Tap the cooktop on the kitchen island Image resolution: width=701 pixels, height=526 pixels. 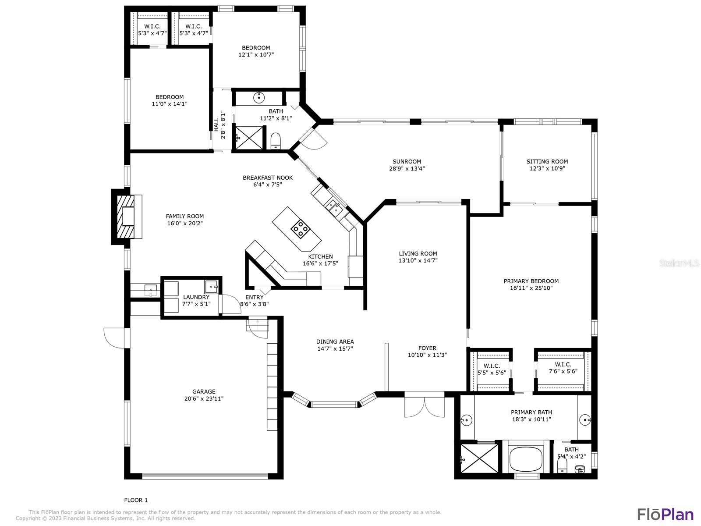[x=301, y=229]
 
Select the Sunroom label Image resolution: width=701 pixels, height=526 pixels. [x=407, y=162]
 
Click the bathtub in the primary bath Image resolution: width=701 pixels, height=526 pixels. [x=525, y=458]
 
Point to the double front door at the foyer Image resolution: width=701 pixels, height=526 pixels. [x=424, y=407]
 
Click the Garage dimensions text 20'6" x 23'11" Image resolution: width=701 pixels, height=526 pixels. [x=204, y=399]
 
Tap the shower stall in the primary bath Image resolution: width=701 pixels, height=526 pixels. [x=479, y=458]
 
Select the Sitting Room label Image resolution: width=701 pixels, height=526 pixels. [x=547, y=162]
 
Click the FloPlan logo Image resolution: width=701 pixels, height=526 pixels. [x=665, y=514]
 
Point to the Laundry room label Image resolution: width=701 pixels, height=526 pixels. [x=196, y=297]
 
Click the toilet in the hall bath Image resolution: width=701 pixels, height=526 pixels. [x=276, y=141]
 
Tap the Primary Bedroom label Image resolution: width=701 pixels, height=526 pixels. [x=531, y=281]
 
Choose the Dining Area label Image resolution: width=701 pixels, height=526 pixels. [x=335, y=342]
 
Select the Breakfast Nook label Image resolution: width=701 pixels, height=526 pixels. [x=268, y=178]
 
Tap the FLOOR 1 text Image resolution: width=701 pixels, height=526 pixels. [x=136, y=500]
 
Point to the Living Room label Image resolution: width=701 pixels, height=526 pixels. [x=418, y=254]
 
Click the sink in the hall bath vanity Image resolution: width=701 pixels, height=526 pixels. [x=259, y=98]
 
